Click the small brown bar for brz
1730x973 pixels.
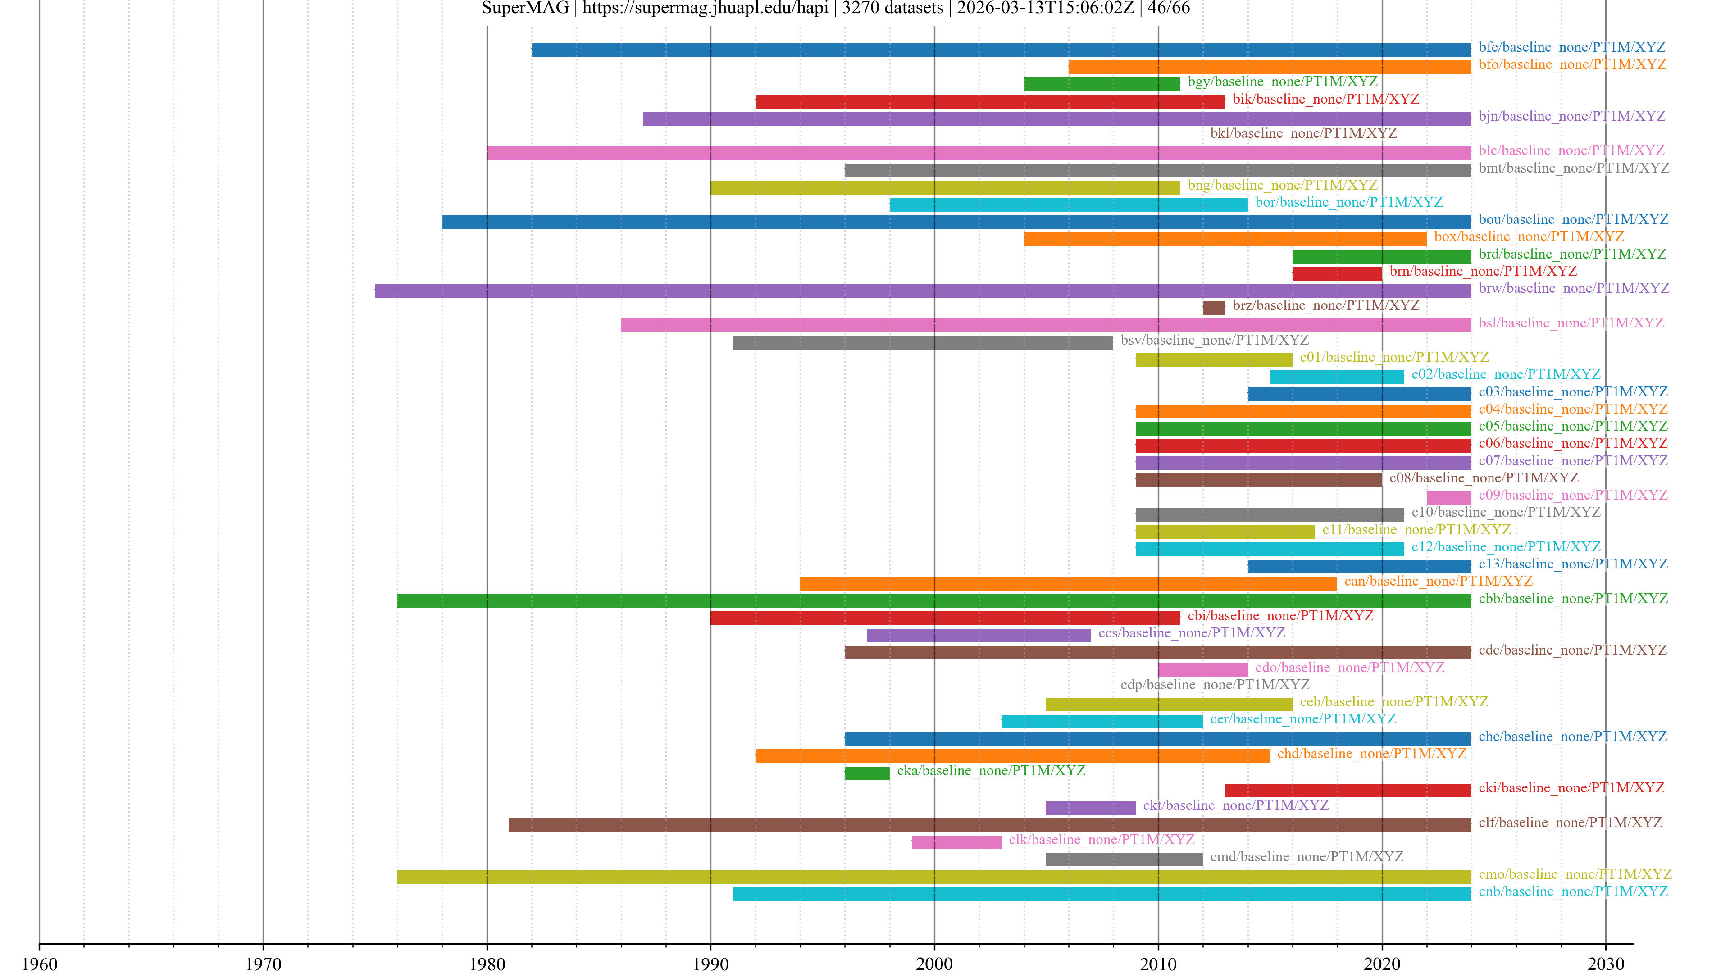coord(1214,308)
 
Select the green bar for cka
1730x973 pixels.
coord(866,773)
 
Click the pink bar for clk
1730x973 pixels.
coord(956,842)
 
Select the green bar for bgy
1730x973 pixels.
coord(1102,84)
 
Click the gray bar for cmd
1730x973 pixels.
coord(1124,859)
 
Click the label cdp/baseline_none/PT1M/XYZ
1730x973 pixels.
coord(1214,685)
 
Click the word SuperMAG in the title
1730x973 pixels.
coord(525,8)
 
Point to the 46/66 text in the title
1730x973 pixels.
coord(1169,8)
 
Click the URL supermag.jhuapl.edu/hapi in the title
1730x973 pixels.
coord(705,8)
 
